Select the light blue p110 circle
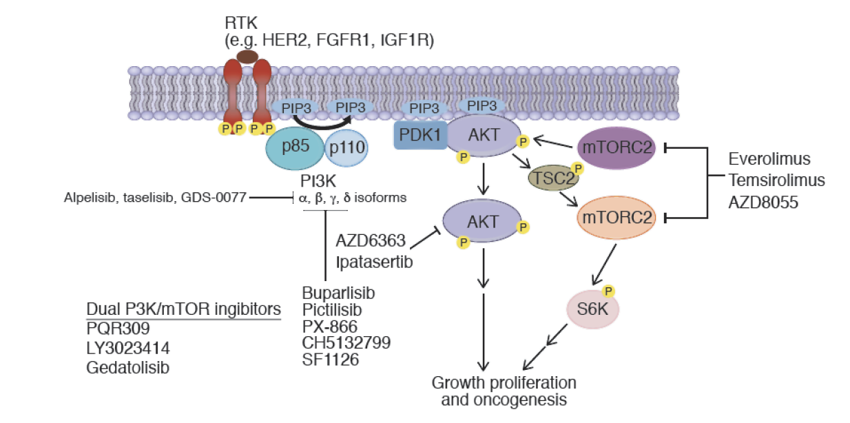346,147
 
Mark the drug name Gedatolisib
128,367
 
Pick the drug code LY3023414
127,347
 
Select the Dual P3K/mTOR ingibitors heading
183,309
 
